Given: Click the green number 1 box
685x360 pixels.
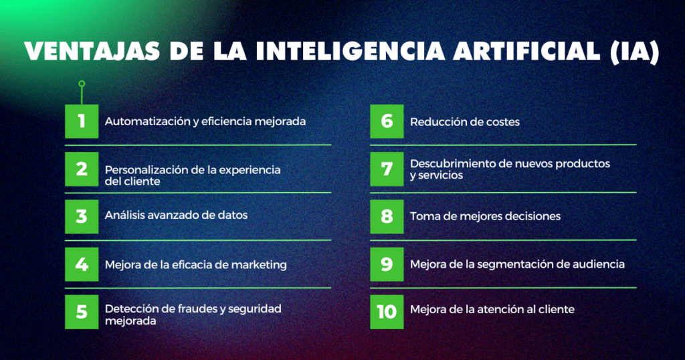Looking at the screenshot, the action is tap(82, 122).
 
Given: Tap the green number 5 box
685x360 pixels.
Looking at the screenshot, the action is tap(82, 312).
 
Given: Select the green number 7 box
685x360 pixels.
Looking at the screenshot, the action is tap(387, 169).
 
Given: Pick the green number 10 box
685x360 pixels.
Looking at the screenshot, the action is tap(387, 312).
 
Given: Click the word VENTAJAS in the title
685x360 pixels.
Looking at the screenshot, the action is tap(92, 51).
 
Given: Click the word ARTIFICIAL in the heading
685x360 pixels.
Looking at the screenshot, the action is tap(526, 51).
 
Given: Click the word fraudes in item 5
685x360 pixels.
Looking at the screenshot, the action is tap(198, 309).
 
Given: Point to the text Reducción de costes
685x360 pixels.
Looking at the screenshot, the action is tap(465, 122).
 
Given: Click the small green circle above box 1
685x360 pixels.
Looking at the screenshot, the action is tap(82, 84).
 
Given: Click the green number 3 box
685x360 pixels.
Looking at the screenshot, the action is tap(82, 217).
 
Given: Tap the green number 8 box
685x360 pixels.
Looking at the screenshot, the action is tap(387, 217).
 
